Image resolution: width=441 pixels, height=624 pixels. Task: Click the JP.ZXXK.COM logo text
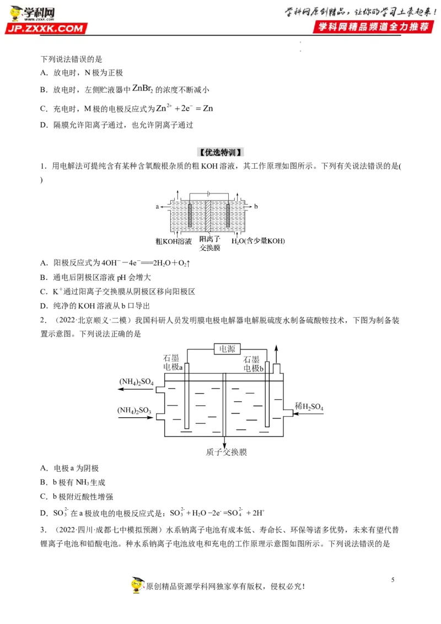pos(46,28)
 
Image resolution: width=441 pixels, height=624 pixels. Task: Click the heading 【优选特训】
pos(220,152)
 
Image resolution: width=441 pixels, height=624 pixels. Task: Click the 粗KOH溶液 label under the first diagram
pos(174,241)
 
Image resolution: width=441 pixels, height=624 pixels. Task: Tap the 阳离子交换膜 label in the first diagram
pos(209,243)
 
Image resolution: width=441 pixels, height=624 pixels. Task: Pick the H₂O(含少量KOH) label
pos(258,241)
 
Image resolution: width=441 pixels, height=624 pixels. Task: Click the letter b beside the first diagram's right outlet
pos(256,206)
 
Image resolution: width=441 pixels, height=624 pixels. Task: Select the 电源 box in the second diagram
pos(227,348)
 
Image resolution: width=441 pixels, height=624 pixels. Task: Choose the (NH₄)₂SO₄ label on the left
pos(136,381)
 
